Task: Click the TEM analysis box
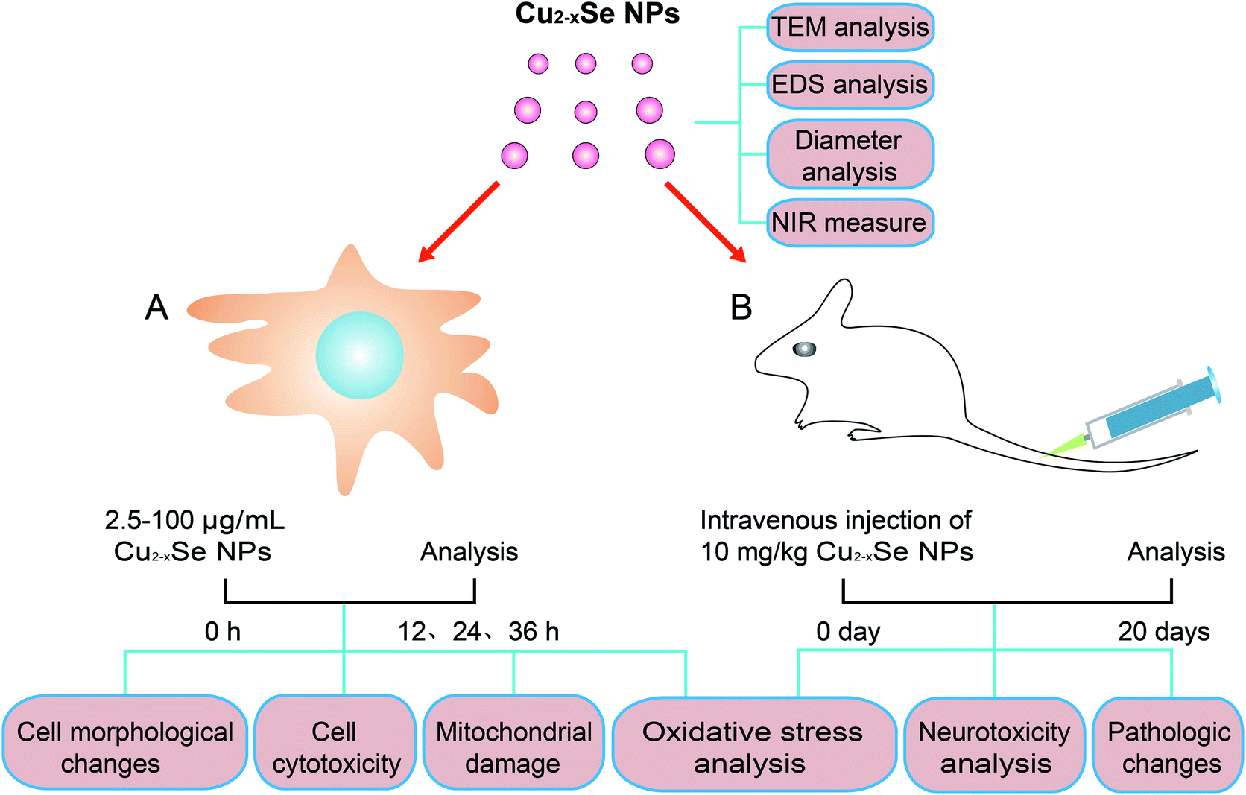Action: pos(850,27)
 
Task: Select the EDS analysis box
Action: pos(850,84)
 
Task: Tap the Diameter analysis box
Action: pos(850,155)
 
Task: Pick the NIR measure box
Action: pos(850,223)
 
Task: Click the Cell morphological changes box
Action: pos(125,742)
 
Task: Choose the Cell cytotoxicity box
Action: pos(335,742)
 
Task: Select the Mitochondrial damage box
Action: pos(513,742)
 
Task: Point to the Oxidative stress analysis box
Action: pos(754,744)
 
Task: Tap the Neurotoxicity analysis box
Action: pos(995,744)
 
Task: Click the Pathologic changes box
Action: pos(1168,744)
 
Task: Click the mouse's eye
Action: pos(804,349)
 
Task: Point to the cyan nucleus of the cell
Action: pos(360,355)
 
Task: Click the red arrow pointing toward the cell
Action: pos(458,221)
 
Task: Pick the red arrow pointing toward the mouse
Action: pos(705,221)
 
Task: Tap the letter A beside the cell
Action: pos(156,307)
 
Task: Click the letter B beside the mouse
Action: pos(741,307)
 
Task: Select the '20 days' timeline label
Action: pos(1164,631)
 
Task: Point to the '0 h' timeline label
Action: pos(223,631)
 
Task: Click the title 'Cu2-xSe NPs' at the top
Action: pos(598,13)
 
